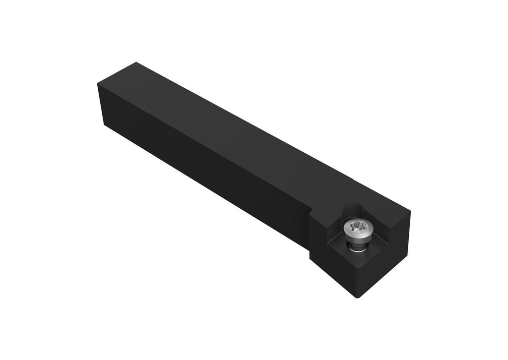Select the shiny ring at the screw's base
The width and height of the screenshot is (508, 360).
[357, 250]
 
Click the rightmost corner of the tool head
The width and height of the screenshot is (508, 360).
[410, 212]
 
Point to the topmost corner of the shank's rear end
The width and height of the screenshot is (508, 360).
[135, 62]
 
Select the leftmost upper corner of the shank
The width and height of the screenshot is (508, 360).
[98, 84]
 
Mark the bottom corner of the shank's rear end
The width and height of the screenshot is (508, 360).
[104, 124]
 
